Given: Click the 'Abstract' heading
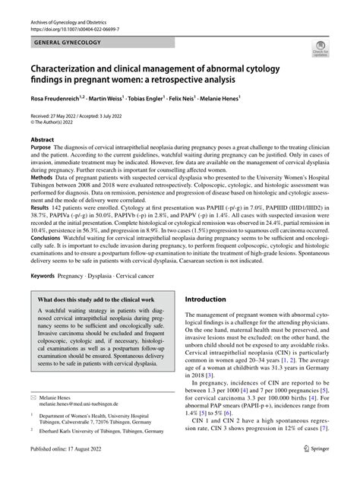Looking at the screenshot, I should coord(43,139).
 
